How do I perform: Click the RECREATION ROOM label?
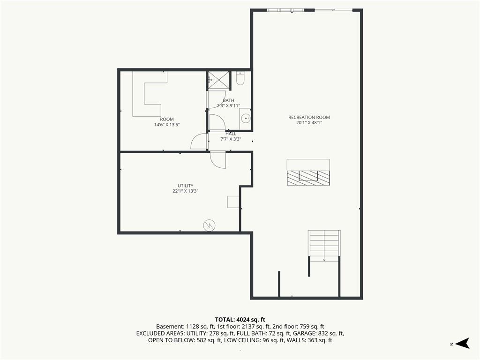pyautogui.click(x=309, y=117)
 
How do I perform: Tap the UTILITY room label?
pyautogui.click(x=186, y=186)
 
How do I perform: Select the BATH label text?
pyautogui.click(x=228, y=100)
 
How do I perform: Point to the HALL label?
pyautogui.click(x=231, y=134)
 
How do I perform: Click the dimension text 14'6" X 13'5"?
pyautogui.click(x=167, y=125)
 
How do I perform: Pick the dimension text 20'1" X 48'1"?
pyautogui.click(x=309, y=123)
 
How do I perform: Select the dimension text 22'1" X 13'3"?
pyautogui.click(x=186, y=191)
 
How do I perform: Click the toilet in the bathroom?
pyautogui.click(x=240, y=78)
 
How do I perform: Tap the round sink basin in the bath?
pyautogui.click(x=246, y=118)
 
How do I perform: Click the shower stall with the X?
pyautogui.click(x=218, y=81)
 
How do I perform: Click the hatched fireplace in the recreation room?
pyautogui.click(x=308, y=178)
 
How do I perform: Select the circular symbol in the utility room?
pyautogui.click(x=210, y=225)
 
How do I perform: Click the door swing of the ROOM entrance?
pyautogui.click(x=199, y=142)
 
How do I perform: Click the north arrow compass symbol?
pyautogui.click(x=463, y=343)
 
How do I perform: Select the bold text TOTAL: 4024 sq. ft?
pyautogui.click(x=240, y=320)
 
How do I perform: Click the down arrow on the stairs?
pyautogui.click(x=324, y=260)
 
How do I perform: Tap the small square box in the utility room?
pyautogui.click(x=233, y=202)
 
